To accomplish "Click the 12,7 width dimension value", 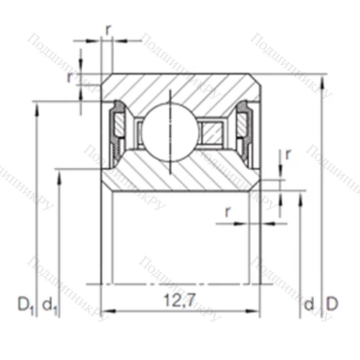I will coord(179,297).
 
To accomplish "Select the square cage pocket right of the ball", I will coord(212,131).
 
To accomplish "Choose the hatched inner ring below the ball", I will coord(180,173).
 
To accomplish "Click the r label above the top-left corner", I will coord(108,29).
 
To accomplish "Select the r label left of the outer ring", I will coord(70,77).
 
